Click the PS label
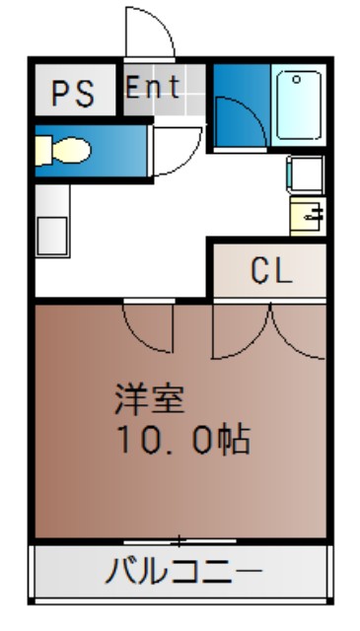pyautogui.click(x=73, y=94)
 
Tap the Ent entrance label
pyautogui.click(x=153, y=87)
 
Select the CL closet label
pyautogui.click(x=270, y=271)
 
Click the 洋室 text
pyautogui.click(x=150, y=400)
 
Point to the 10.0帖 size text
pyautogui.click(x=183, y=440)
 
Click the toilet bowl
pyautogui.click(x=72, y=151)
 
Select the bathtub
pyautogui.click(x=299, y=105)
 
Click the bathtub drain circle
pyautogui.click(x=296, y=79)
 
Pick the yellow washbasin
pyautogui.click(x=308, y=216)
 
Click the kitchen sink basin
pyautogui.click(x=52, y=236)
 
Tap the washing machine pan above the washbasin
pyautogui.click(x=306, y=175)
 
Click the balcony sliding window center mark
pyautogui.click(x=180, y=541)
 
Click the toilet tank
pyautogui.click(x=43, y=151)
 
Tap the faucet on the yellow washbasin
pyautogui.click(x=315, y=215)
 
